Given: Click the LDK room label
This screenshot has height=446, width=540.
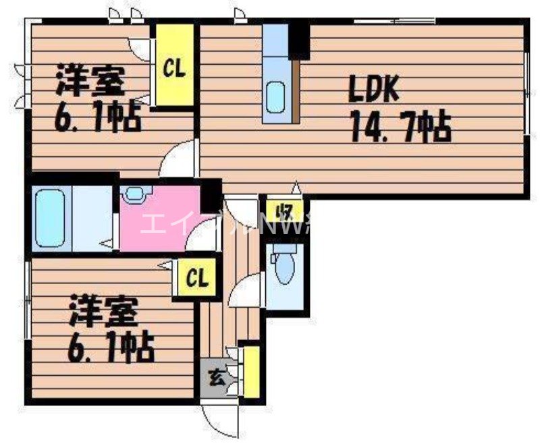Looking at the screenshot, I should click(375, 89).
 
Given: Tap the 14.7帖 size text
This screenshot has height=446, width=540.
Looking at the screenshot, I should click(398, 126).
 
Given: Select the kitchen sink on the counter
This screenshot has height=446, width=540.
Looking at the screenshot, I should click(276, 97).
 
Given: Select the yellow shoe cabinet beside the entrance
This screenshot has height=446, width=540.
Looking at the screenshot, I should click(251, 371).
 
